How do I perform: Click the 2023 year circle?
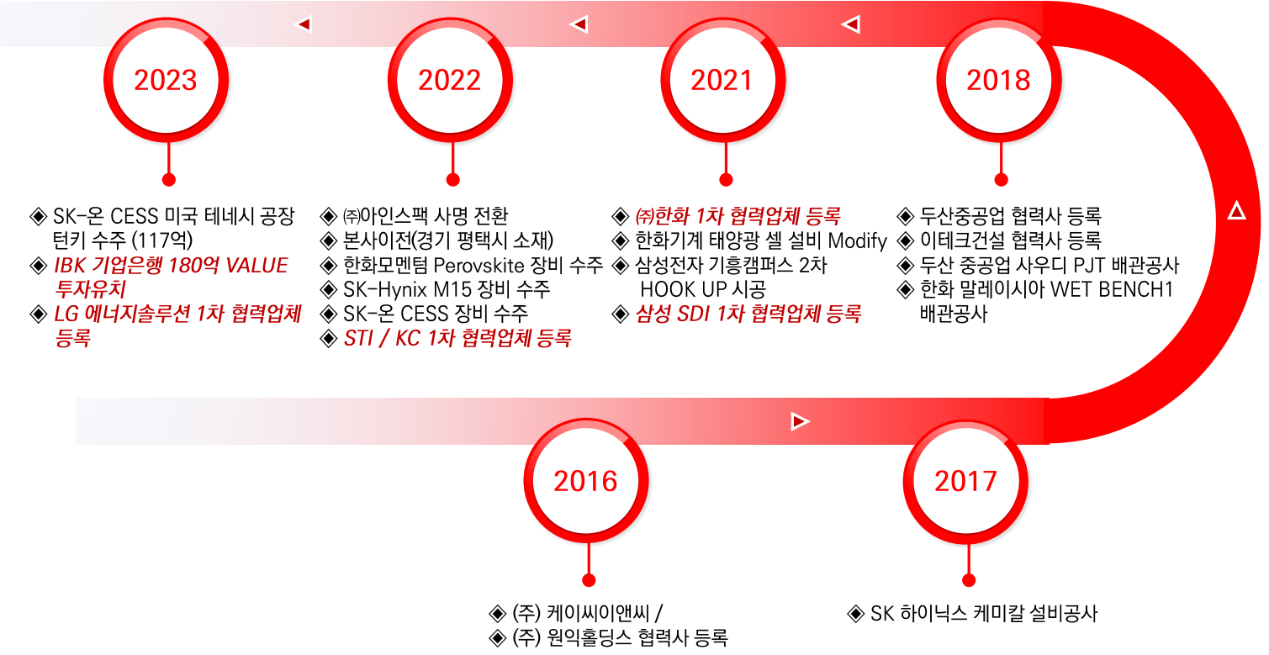point(166,80)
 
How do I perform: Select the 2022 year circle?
point(451,80)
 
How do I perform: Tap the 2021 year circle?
point(723,80)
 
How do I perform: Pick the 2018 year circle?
point(999,80)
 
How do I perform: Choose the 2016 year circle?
point(586,480)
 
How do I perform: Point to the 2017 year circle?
point(966,480)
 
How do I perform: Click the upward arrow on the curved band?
point(1237,211)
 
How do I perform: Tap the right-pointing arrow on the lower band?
point(800,421)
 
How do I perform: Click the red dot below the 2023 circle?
point(169,180)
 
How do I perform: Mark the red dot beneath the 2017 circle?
point(969,580)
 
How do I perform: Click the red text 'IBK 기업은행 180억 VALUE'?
point(171,265)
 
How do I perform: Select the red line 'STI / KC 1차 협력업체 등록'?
point(457,338)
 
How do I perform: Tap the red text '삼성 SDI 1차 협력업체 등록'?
point(748,314)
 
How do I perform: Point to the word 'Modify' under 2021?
point(857,240)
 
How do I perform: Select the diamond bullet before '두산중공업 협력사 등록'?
point(906,216)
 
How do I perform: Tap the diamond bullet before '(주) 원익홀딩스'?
point(497,638)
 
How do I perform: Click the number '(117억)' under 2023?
point(162,240)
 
